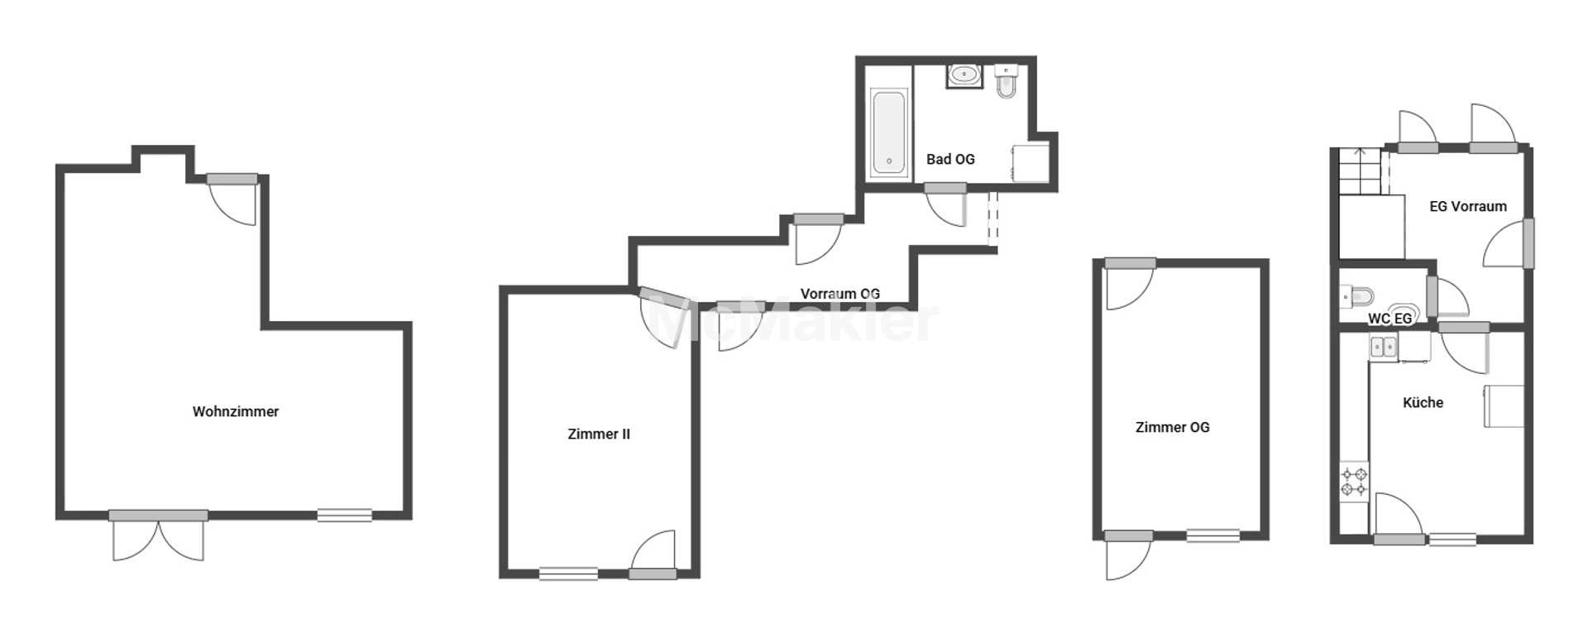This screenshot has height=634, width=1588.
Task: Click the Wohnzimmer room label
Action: [236, 411]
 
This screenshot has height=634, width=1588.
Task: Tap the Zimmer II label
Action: [599, 434]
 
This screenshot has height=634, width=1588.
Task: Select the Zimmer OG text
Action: [1172, 427]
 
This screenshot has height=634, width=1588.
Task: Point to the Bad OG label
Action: [950, 159]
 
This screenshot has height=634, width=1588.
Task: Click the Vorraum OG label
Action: [839, 293]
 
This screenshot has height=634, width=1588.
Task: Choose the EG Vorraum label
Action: [1468, 206]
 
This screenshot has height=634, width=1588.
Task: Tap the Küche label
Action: [1423, 402]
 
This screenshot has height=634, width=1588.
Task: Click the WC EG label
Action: [1389, 319]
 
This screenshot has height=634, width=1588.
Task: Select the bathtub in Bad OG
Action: [889, 132]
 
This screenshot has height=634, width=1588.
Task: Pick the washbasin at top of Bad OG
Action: [964, 75]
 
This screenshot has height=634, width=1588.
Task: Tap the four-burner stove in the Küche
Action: [1355, 483]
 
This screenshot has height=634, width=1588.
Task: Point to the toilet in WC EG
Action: [1356, 295]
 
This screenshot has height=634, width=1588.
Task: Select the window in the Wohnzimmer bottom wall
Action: [345, 515]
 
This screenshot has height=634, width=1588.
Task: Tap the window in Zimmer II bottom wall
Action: [568, 573]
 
